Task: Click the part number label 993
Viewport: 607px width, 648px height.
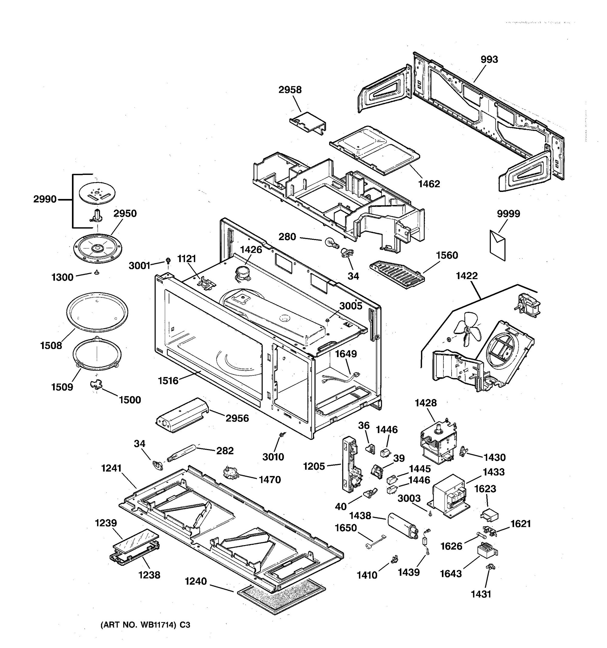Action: (489, 60)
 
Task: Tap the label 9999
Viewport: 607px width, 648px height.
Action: (508, 214)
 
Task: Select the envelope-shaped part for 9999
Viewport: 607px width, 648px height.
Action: (498, 244)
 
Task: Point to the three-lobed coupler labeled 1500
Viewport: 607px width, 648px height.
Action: (96, 385)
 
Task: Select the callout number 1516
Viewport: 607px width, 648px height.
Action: (168, 380)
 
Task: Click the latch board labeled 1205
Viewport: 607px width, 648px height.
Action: (350, 464)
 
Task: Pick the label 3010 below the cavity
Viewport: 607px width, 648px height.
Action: (273, 457)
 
